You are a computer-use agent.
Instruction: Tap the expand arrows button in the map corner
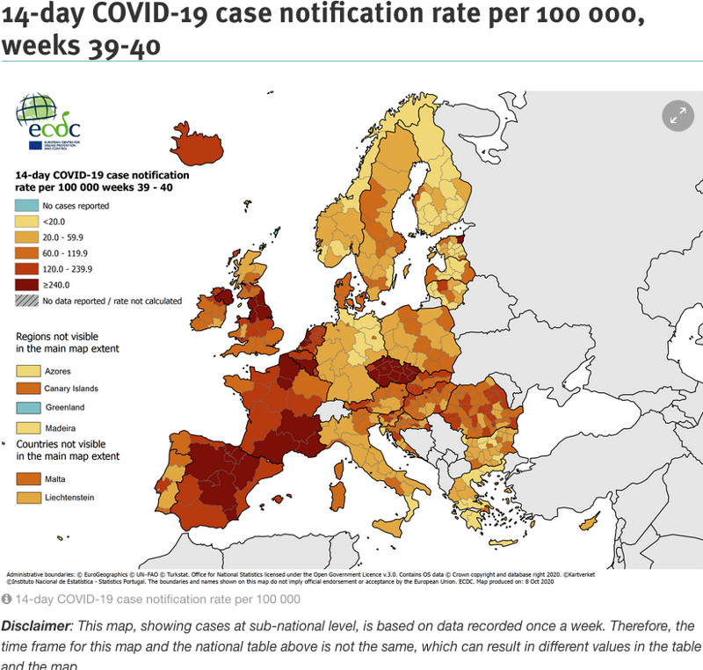[678, 114]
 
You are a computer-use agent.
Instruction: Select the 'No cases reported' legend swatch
[27, 206]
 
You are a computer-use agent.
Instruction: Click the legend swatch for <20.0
[27, 222]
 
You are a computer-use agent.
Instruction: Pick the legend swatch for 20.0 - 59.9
[27, 237]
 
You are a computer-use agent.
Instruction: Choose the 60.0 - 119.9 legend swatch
[27, 253]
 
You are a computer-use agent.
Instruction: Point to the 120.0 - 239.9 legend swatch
[27, 269]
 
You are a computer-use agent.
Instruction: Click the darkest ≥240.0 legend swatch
[27, 285]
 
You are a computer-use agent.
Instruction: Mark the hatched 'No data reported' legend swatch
[27, 301]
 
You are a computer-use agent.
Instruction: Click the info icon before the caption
[6, 599]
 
